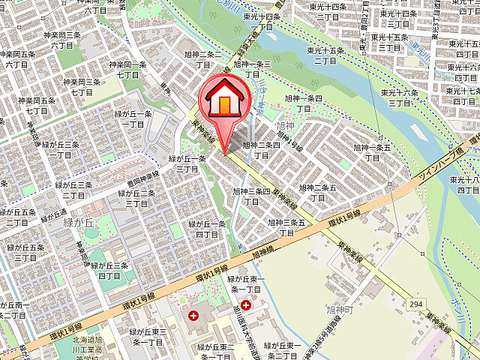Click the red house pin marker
click(x=223, y=102)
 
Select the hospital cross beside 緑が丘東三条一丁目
click(x=194, y=316)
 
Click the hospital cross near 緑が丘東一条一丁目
click(x=246, y=306)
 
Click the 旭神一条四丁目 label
click(x=303, y=103)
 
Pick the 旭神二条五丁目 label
click(x=318, y=193)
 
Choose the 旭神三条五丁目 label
click(x=287, y=227)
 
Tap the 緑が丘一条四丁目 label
click(x=207, y=229)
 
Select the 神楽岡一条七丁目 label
click(x=127, y=70)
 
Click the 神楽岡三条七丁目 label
click(x=82, y=87)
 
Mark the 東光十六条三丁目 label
click(x=400, y=97)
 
